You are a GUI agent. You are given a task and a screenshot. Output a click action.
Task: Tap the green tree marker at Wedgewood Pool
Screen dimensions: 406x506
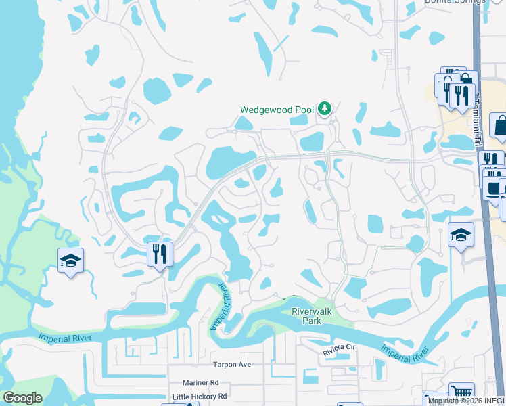(325, 108)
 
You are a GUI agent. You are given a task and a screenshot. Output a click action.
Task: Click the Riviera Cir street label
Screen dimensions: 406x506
(339, 347)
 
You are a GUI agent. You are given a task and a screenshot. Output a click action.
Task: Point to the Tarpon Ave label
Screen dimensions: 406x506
(232, 364)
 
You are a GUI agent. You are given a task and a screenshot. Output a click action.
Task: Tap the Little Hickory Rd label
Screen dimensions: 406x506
(200, 397)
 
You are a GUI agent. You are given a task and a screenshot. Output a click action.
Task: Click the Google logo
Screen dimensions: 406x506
(22, 398)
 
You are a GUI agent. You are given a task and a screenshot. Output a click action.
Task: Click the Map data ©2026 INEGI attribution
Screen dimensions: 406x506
(466, 401)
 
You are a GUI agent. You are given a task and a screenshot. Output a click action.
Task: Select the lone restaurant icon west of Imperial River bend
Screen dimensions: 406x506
(160, 254)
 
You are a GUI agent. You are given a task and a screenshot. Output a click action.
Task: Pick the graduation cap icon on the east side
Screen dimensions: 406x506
(461, 234)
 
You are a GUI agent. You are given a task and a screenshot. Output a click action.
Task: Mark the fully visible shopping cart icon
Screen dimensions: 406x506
(461, 393)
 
